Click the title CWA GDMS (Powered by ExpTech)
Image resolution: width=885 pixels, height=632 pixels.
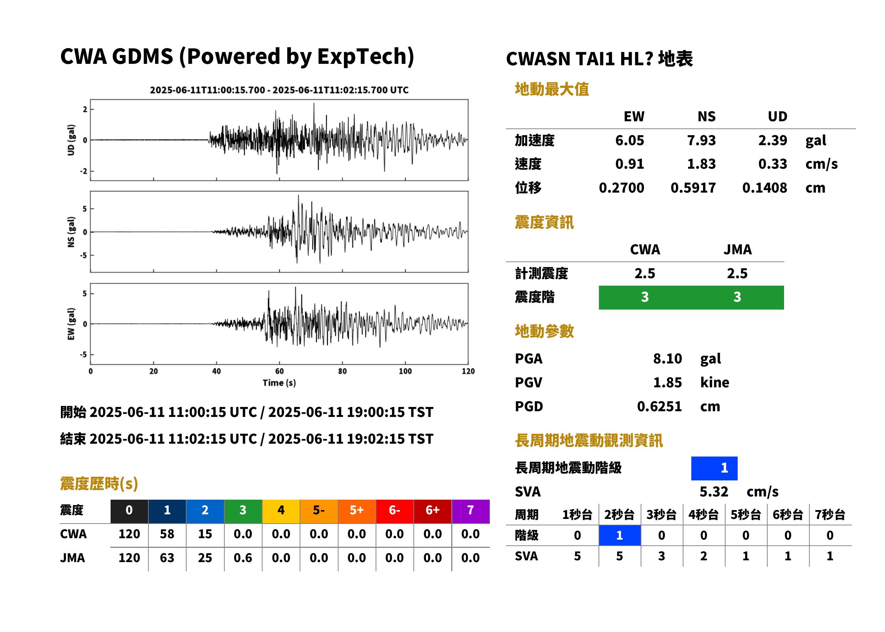click(x=237, y=57)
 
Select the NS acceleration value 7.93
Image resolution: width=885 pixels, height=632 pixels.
click(x=701, y=140)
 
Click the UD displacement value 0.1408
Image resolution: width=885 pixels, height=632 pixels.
click(x=764, y=188)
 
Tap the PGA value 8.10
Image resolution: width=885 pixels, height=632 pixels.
click(x=667, y=358)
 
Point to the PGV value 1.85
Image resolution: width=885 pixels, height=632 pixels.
click(x=667, y=383)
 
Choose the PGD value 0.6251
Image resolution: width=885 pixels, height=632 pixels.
click(x=659, y=406)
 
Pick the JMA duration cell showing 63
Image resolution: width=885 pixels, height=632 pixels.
click(x=167, y=558)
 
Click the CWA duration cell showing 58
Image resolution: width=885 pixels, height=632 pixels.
click(x=167, y=534)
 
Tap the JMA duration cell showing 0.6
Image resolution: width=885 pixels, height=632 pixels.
click(x=243, y=558)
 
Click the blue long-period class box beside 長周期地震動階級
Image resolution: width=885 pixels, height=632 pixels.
click(x=714, y=468)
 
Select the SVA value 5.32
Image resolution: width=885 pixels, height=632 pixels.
click(x=714, y=491)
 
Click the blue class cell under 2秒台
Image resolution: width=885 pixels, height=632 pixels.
click(x=620, y=535)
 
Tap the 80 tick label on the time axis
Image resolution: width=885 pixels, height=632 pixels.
click(x=342, y=371)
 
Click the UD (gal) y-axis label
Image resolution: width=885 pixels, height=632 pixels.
click(x=71, y=140)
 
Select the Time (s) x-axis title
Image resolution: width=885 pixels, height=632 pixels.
click(x=279, y=383)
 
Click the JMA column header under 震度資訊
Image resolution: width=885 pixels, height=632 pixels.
click(x=738, y=249)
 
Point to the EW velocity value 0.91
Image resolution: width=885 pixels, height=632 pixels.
click(x=629, y=164)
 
